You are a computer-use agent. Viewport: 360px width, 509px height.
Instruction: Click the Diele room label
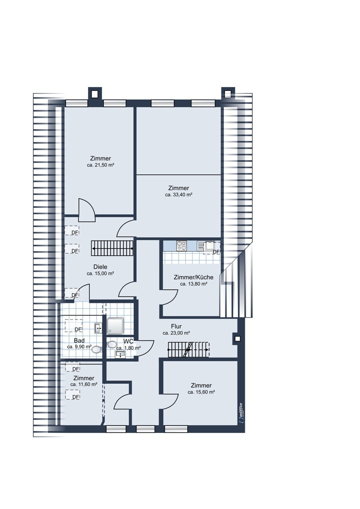100,267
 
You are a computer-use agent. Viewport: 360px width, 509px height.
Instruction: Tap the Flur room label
176,327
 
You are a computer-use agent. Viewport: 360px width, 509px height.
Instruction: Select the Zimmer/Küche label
194,278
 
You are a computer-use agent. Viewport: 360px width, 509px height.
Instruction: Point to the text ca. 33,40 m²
179,195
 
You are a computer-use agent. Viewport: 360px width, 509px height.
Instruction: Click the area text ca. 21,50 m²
100,165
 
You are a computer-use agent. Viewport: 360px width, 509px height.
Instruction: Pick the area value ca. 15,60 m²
201,392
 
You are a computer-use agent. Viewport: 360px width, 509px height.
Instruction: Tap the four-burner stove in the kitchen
182,245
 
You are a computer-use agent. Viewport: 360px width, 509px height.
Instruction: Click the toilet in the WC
111,345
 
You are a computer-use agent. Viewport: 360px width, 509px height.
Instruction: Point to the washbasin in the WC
120,354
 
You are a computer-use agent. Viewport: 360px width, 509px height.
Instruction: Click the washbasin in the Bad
98,329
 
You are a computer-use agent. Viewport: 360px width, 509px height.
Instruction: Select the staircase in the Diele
112,248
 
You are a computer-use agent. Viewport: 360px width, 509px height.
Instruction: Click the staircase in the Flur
188,350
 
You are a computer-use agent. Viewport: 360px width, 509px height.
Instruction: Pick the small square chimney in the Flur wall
237,339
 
